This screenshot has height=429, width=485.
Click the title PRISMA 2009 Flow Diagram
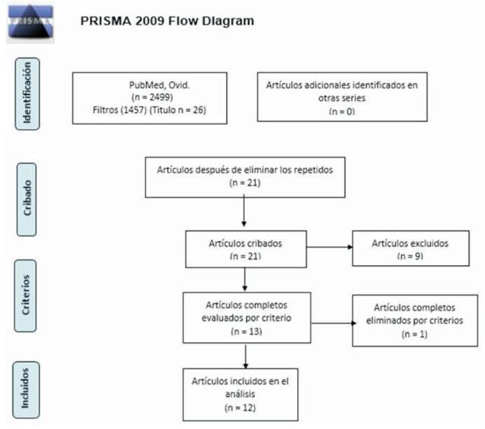(168, 21)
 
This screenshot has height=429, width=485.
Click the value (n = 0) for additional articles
(341, 111)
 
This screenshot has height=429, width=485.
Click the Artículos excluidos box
(410, 248)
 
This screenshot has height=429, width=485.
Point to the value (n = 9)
(410, 256)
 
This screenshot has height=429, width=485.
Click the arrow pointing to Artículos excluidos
(327, 248)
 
